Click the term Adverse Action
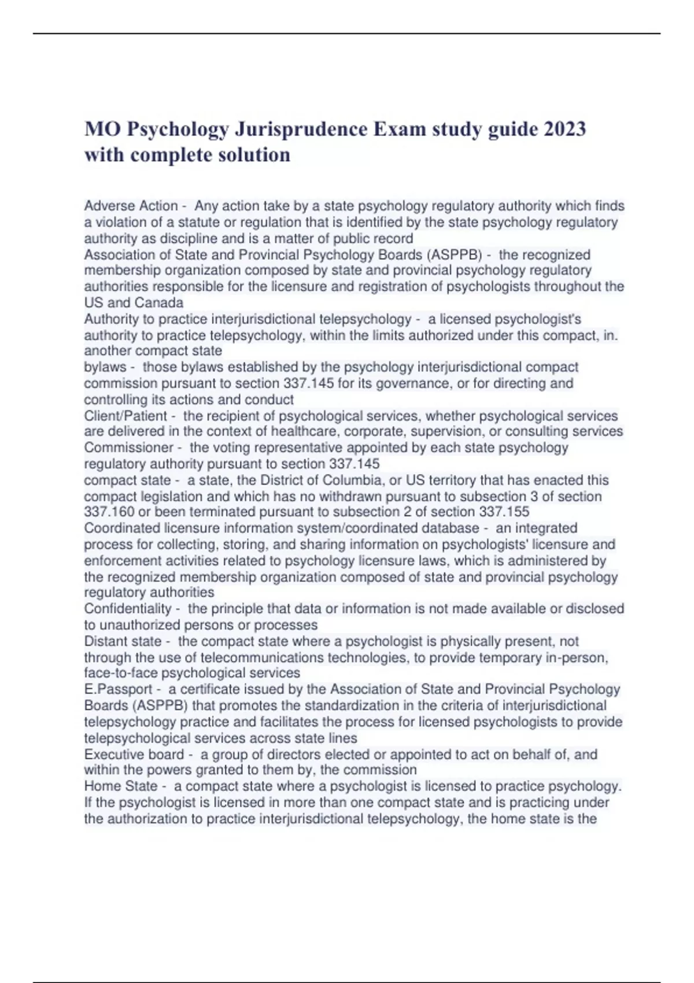tap(131, 206)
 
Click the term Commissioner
tap(128, 448)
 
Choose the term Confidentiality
tap(128, 608)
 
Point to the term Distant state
tap(123, 641)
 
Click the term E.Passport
tap(118, 689)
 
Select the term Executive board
tap(134, 754)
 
